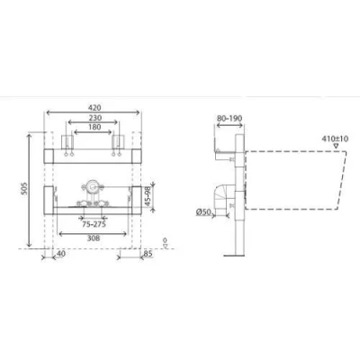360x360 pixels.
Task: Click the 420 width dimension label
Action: (x=94, y=107)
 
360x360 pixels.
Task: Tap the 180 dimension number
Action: (x=94, y=127)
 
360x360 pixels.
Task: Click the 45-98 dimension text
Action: (x=148, y=196)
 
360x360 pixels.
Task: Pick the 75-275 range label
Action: (x=94, y=224)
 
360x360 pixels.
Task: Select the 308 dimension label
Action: (x=94, y=238)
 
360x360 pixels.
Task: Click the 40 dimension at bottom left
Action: (x=61, y=254)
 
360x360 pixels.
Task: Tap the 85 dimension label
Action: (x=148, y=254)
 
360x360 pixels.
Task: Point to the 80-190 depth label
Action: (x=229, y=119)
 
